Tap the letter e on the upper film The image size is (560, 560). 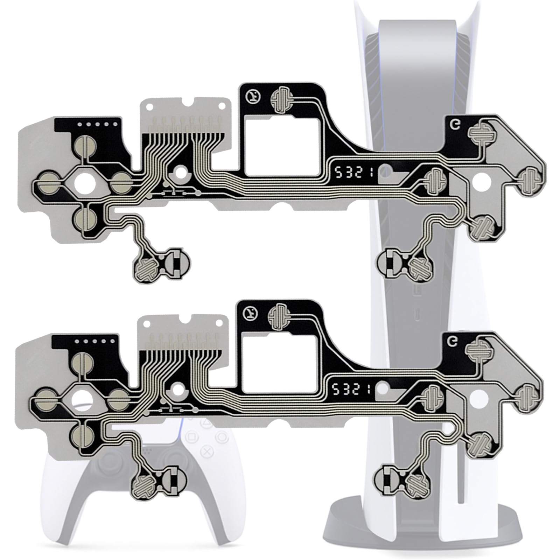click(455, 125)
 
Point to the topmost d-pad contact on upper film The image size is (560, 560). click(84, 145)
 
